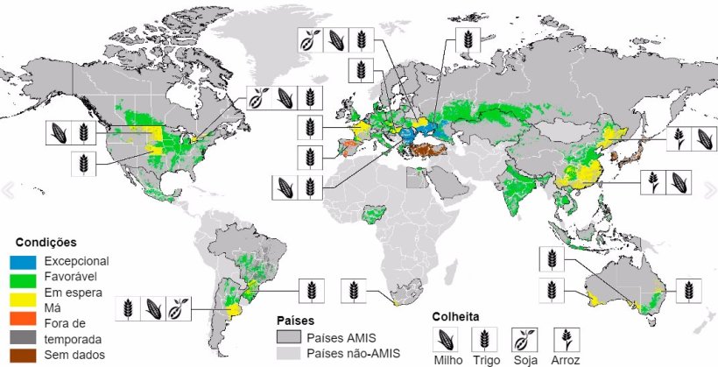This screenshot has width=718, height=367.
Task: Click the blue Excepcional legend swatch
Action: click(x=25, y=261)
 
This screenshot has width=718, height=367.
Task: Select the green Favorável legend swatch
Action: click(x=25, y=277)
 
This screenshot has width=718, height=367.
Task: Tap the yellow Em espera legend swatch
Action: click(x=25, y=293)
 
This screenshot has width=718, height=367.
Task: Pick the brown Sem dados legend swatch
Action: click(x=25, y=354)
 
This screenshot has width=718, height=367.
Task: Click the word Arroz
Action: click(x=565, y=359)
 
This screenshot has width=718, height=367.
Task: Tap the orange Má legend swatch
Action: click(x=25, y=308)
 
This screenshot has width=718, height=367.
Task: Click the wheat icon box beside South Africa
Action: click(x=353, y=289)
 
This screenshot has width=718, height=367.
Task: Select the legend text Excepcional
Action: click(x=75, y=261)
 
